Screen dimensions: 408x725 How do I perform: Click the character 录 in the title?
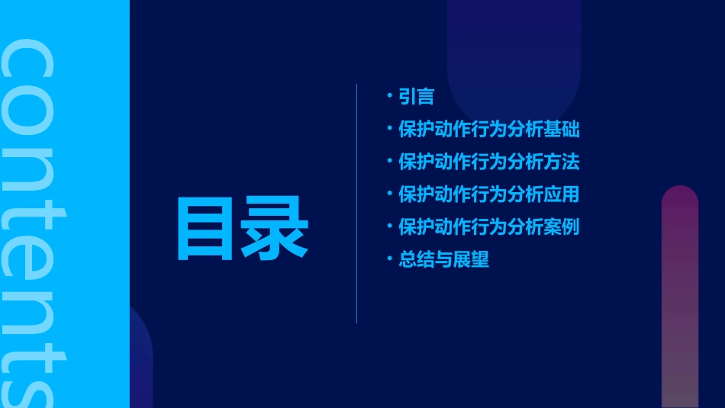[x=275, y=230]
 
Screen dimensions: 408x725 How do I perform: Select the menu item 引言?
[x=417, y=97]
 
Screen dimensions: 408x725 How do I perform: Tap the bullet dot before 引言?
[x=390, y=96]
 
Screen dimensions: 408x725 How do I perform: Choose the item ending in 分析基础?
[x=489, y=130]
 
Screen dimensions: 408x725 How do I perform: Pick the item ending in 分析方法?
[x=489, y=162]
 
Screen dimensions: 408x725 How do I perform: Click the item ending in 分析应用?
[x=489, y=194]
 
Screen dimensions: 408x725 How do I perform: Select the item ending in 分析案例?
[x=489, y=227]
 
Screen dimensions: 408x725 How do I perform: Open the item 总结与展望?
[x=443, y=260]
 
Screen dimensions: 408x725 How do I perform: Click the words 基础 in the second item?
[x=562, y=130]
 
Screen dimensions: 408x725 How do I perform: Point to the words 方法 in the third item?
[x=562, y=162]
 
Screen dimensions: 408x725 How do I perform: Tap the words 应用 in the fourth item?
[x=562, y=194]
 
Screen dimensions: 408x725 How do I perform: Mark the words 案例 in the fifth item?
[x=562, y=227]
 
